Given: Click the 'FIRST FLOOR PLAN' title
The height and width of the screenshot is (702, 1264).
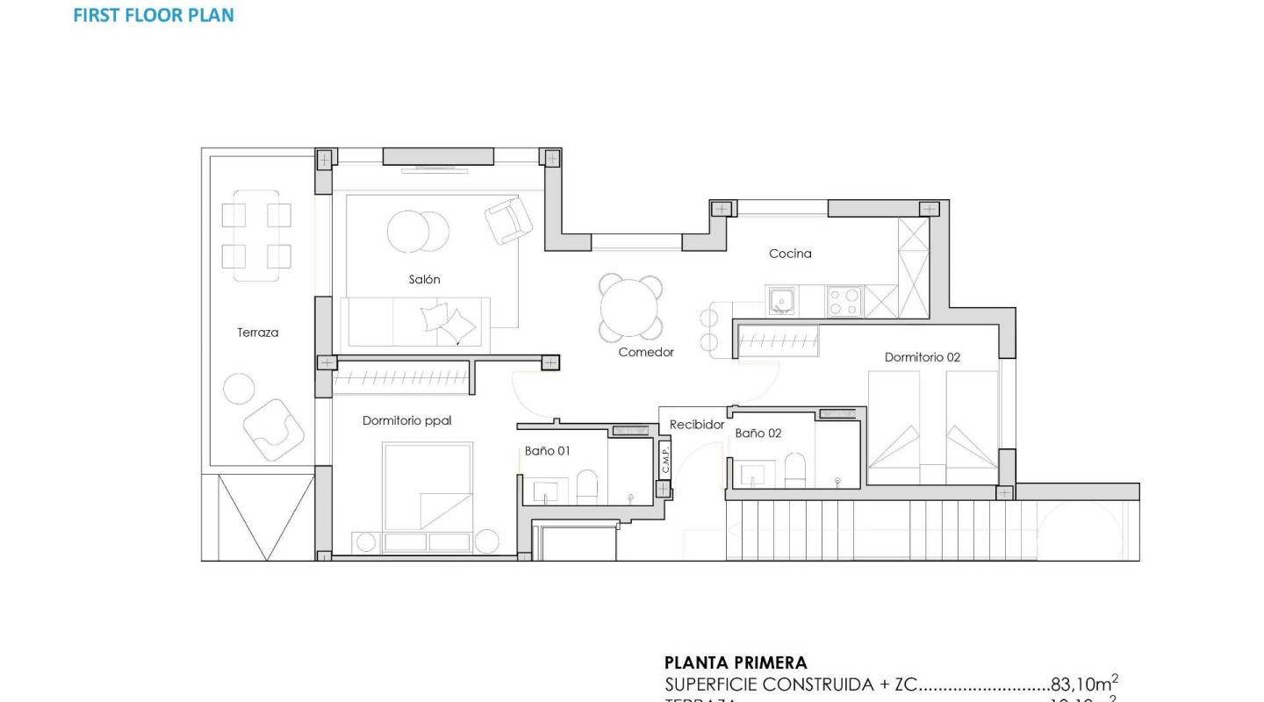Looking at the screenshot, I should point(154,15).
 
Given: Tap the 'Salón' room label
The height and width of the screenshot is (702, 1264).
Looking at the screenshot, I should point(424,279).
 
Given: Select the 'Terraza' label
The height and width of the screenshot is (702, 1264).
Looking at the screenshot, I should point(257,333).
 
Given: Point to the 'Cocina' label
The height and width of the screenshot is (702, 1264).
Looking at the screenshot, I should point(790,254).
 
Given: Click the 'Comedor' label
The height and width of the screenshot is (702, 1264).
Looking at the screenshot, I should point(646,352).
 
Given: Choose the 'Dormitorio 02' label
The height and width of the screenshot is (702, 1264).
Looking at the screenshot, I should point(922,357).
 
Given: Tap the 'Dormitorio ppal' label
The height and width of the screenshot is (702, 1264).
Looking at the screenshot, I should point(406,421).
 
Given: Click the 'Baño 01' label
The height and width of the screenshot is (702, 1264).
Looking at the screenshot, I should point(548,451).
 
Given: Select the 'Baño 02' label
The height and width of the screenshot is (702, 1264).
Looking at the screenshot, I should point(758,433).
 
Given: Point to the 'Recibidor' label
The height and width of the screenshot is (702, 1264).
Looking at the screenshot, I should point(697,425).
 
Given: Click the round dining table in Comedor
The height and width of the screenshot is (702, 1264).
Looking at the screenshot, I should point(630,307).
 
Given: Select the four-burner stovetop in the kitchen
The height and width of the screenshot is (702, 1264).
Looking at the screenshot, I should point(844,302).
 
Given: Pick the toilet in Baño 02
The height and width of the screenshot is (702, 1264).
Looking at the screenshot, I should point(795,469).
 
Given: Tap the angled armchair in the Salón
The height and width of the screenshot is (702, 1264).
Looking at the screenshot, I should point(508,219).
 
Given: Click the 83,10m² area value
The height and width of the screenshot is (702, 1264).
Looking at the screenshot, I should point(1084,684).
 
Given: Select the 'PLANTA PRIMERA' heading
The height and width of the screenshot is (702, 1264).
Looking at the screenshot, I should point(735,663).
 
